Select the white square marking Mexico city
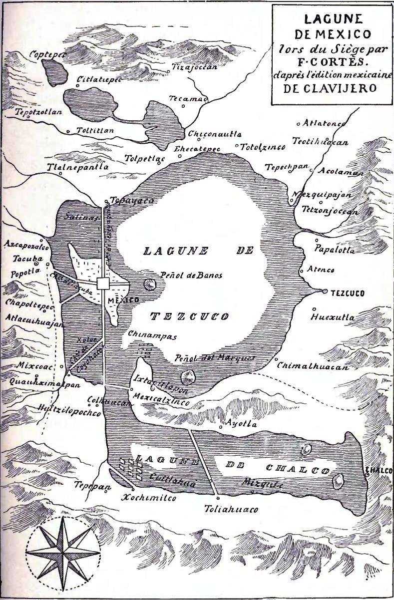pos(103,284)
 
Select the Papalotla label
pos(334,250)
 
